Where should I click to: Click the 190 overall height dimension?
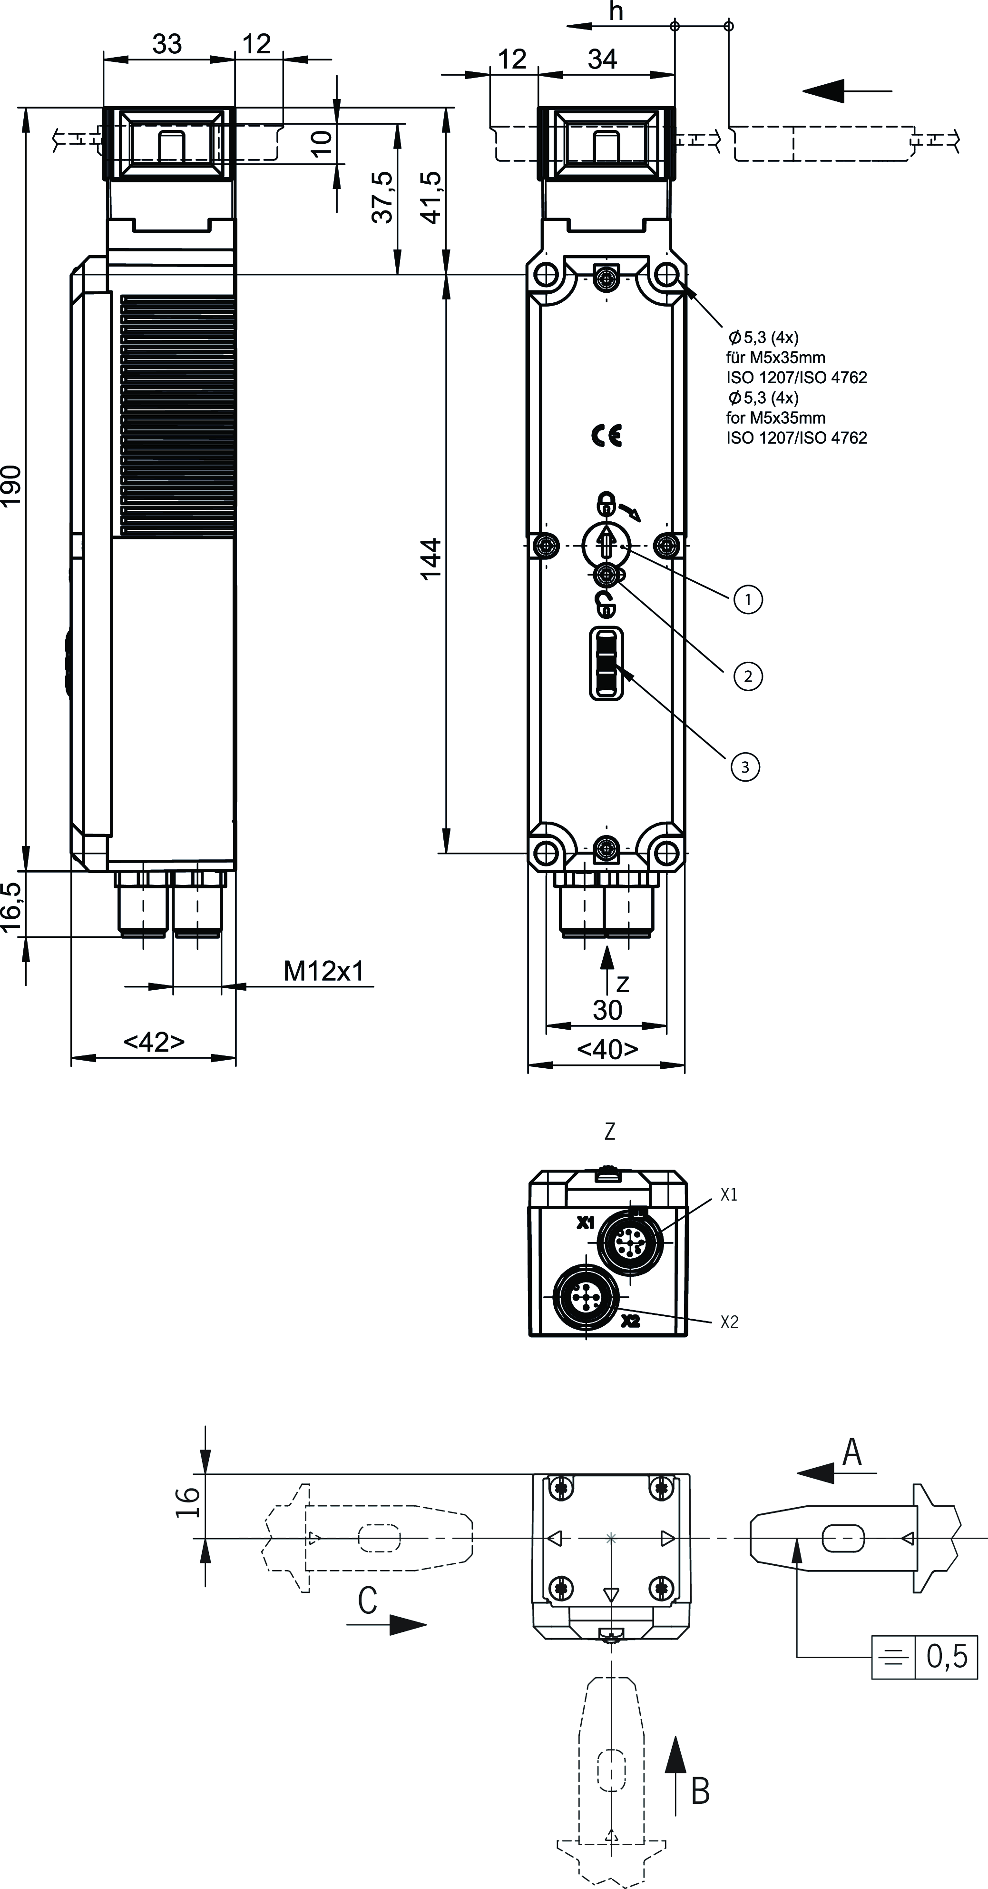(x=12, y=485)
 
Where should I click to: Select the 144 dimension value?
(x=431, y=559)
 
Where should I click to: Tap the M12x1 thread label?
(x=323, y=971)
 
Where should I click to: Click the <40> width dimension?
(x=607, y=1049)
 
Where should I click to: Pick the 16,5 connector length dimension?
(x=12, y=906)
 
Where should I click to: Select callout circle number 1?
(x=748, y=599)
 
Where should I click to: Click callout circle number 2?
(x=748, y=676)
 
